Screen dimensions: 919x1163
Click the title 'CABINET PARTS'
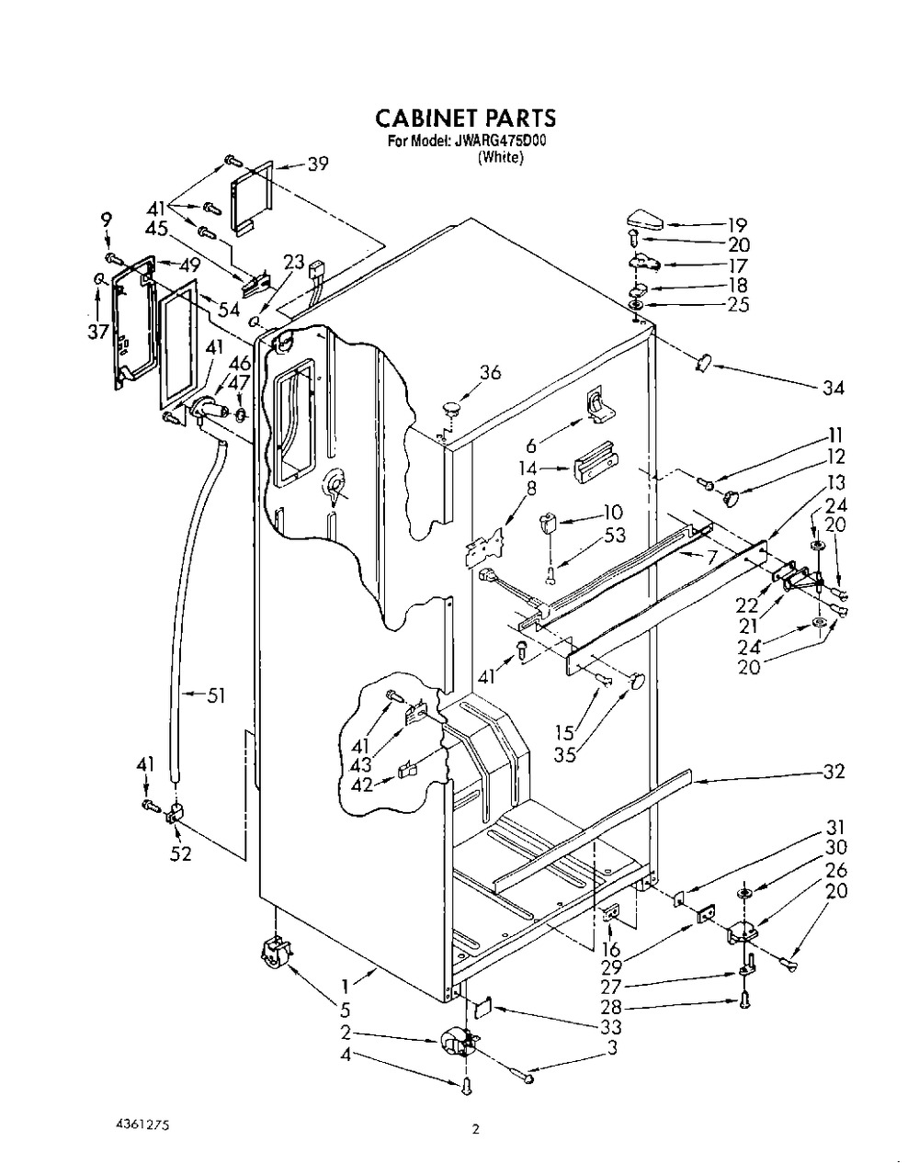[465, 118]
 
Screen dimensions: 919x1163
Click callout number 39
[317, 164]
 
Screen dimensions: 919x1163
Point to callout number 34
[833, 387]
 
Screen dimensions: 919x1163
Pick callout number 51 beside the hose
[215, 695]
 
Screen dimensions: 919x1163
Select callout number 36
[490, 372]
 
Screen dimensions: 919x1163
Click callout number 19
[737, 225]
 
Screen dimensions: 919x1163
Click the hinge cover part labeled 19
[645, 220]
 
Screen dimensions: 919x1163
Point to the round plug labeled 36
[451, 407]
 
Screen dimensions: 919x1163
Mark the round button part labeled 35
[636, 681]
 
